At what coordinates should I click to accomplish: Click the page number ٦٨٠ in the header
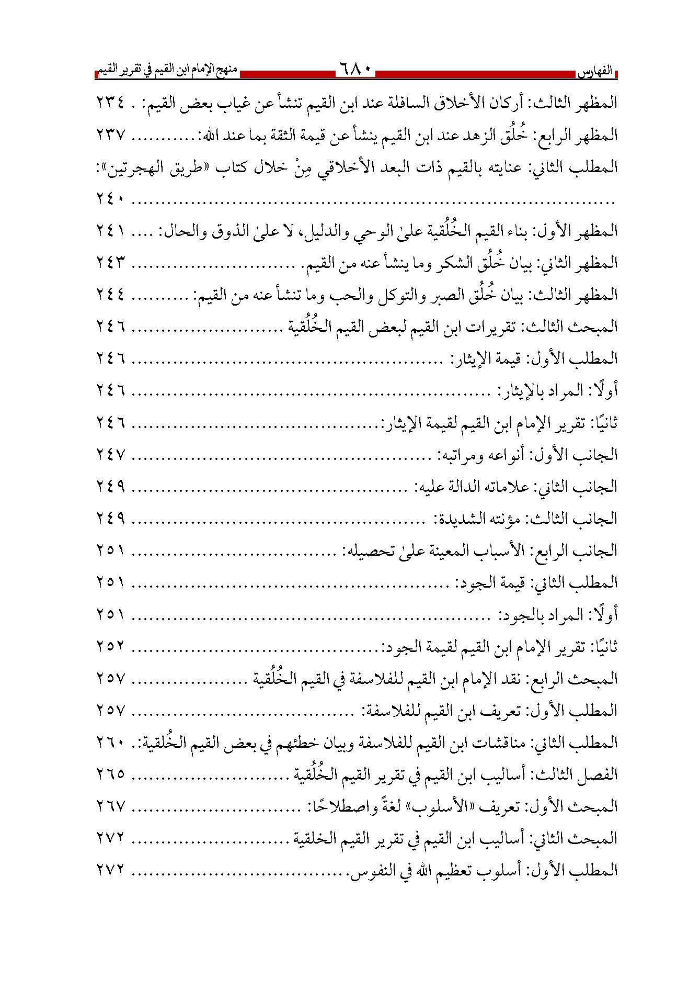pos(355,69)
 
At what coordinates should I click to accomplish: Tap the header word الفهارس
pos(599,72)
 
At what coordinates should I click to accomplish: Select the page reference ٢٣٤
pos(111,103)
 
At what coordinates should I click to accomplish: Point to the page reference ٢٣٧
pos(111,135)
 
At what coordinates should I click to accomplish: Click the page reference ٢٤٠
pos(111,199)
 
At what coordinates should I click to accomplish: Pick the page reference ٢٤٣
pos(111,263)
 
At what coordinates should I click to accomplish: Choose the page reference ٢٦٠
pos(111,742)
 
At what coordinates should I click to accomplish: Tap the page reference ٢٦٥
pos(111,774)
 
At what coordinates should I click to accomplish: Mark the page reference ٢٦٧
pos(111,806)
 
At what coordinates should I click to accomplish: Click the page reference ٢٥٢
pos(111,647)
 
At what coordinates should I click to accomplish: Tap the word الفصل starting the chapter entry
pos(601,774)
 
